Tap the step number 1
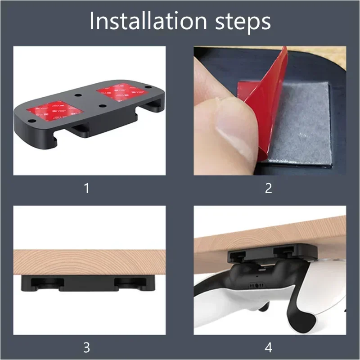pyautogui.click(x=86, y=188)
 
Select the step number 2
pyautogui.click(x=269, y=188)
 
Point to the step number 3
pyautogui.click(x=86, y=347)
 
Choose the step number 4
pyautogui.click(x=269, y=347)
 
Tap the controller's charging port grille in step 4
pyautogui.click(x=257, y=285)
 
